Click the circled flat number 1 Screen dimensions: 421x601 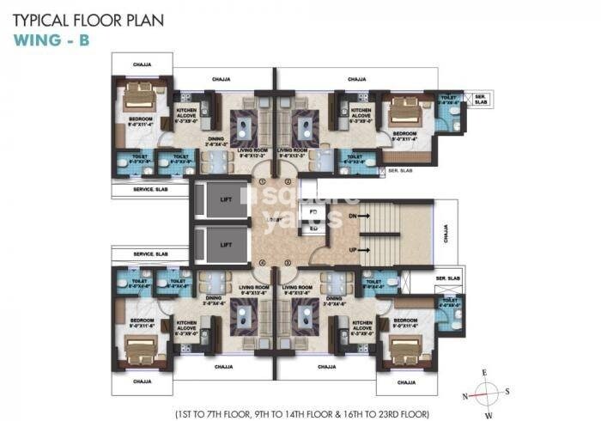tap(264, 181)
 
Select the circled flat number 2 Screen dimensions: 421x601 tap(288, 181)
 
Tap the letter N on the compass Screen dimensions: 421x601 tap(464, 396)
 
